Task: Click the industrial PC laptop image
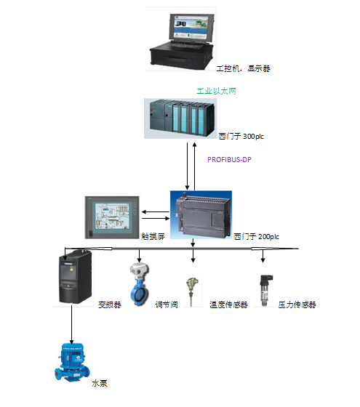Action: pos(181,39)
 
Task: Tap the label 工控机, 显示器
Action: pos(244,68)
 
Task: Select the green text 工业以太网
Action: pos(217,91)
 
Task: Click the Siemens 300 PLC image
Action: pos(180,118)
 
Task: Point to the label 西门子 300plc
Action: pos(241,137)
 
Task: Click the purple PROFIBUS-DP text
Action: pos(229,159)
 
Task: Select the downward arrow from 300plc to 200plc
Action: pos(187,166)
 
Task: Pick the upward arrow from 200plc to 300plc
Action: pos(195,166)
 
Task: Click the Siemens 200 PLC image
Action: pos(201,214)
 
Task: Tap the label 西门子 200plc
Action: pos(256,236)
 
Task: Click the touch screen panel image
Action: pos(112,217)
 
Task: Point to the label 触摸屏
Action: pos(153,236)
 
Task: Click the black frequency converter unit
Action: pos(76,276)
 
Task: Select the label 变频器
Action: pos(110,305)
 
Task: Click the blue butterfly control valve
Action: pos(140,284)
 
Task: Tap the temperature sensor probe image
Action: pos(192,292)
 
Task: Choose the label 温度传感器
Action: pos(228,305)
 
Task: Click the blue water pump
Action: pos(72,363)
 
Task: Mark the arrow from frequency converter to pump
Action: pos(71,324)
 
